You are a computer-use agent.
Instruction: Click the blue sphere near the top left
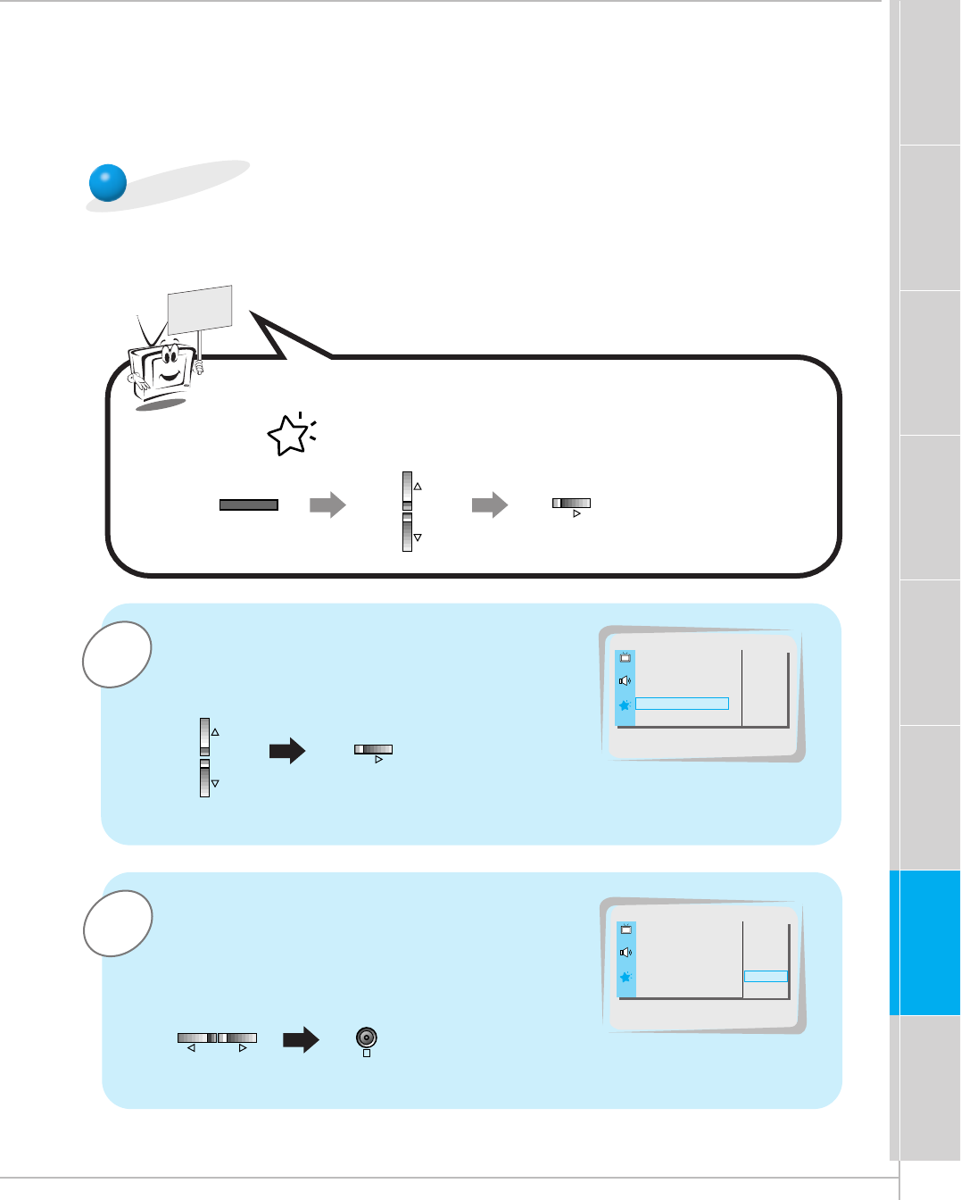[108, 183]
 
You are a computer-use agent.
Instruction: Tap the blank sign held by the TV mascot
[200, 309]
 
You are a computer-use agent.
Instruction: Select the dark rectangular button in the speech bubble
[249, 504]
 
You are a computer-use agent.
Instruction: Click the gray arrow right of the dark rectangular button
[327, 504]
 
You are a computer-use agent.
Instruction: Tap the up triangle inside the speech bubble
[418, 487]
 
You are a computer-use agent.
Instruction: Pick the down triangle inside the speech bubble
[418, 537]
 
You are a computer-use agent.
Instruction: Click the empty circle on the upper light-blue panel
[116, 654]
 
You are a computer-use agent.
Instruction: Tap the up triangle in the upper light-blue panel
[215, 732]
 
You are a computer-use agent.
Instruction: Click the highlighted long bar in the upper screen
[682, 704]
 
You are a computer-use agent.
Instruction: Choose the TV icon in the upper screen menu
[625, 657]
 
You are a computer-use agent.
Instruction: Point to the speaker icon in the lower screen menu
[625, 953]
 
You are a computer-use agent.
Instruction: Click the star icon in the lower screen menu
[625, 977]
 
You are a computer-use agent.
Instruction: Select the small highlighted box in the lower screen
[766, 977]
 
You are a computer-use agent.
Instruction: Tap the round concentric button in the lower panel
[367, 1037]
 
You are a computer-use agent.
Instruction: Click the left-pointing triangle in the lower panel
[191, 1048]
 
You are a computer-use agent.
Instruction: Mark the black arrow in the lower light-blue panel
[301, 1039]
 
